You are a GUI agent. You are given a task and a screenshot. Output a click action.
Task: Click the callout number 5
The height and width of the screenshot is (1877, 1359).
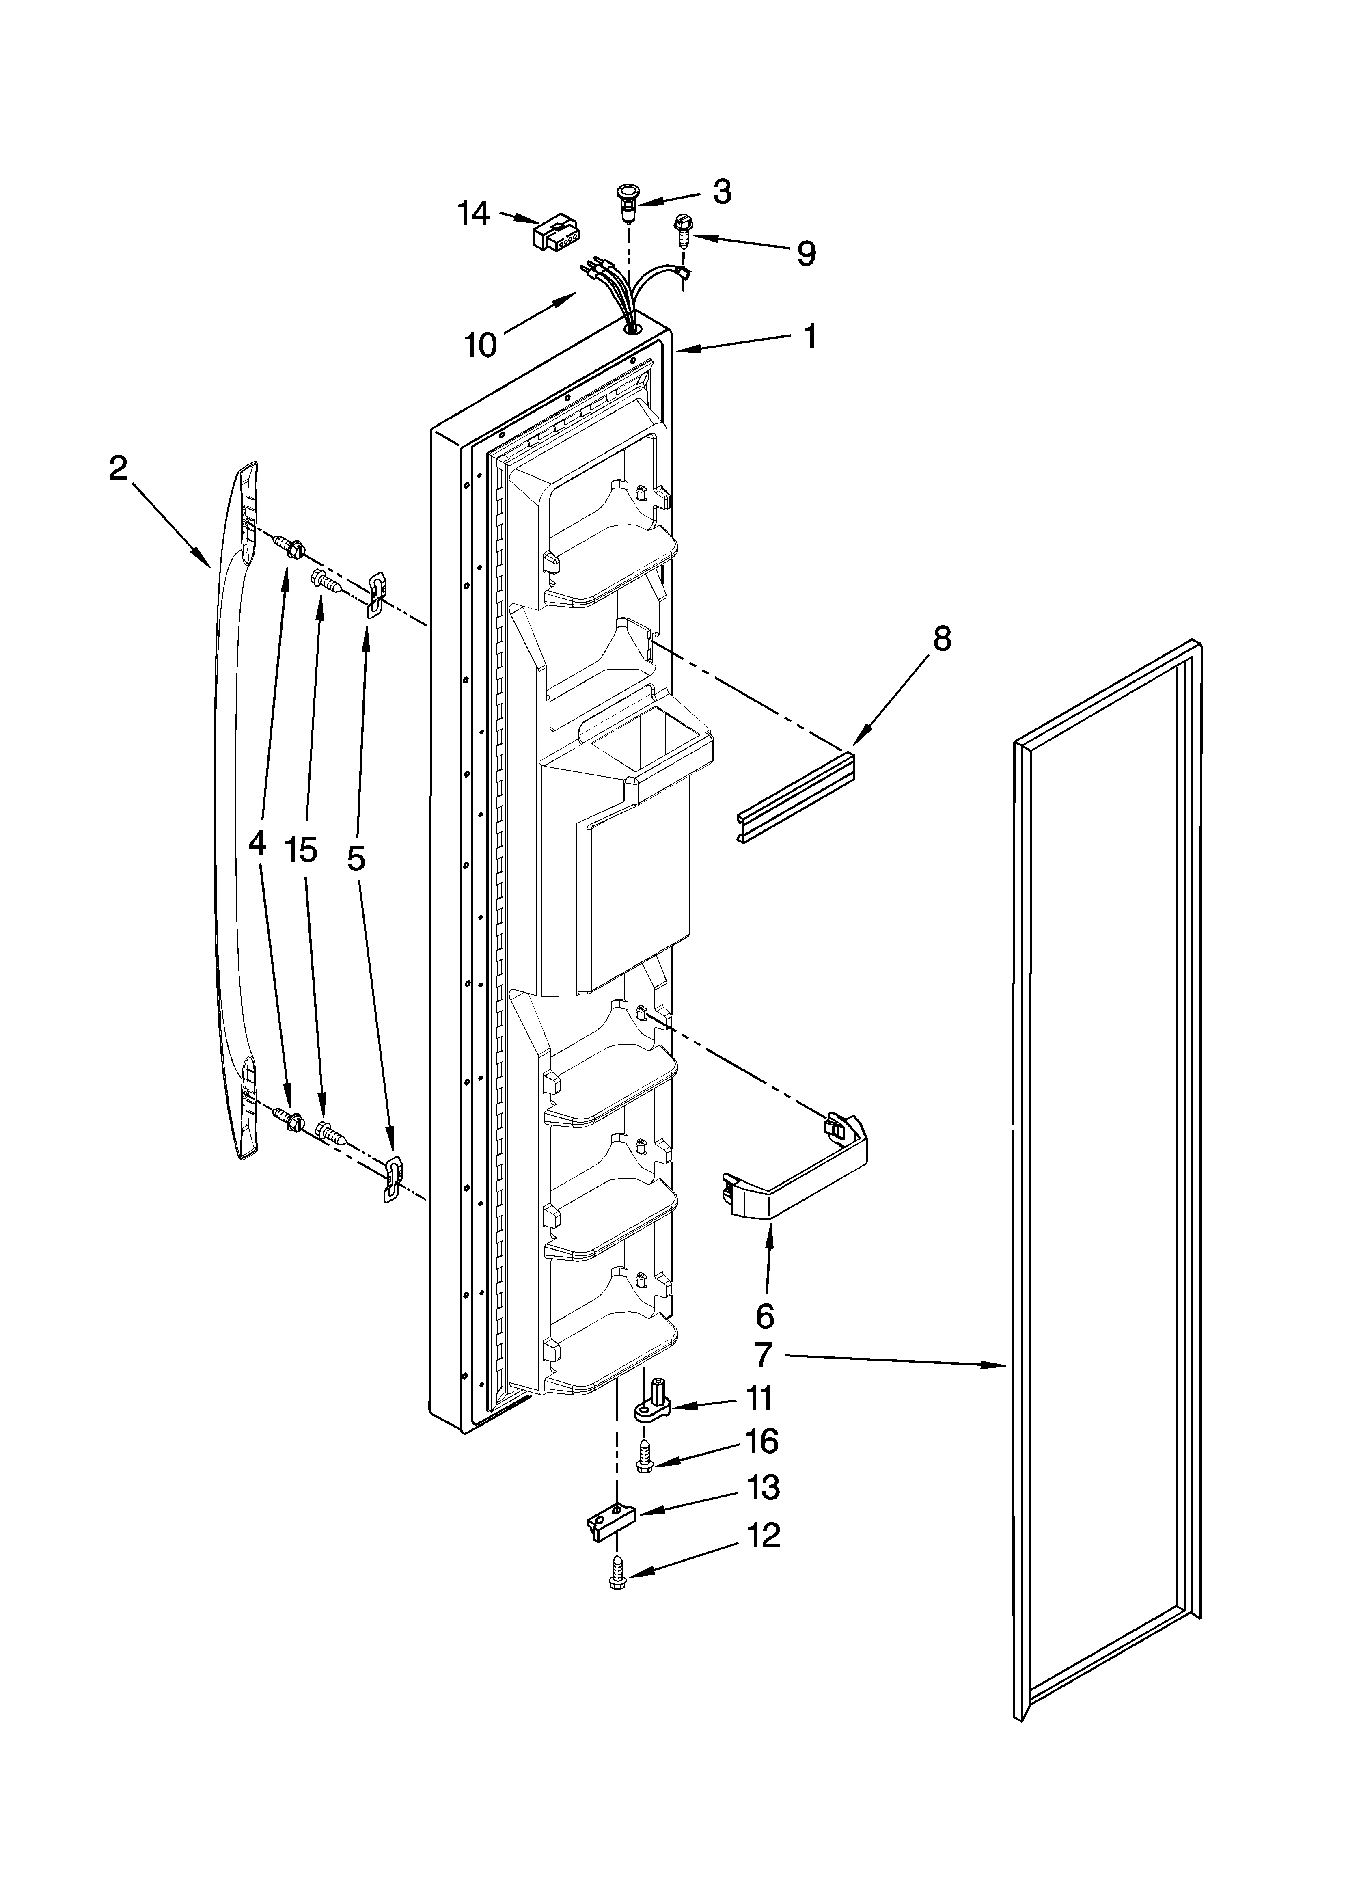(356, 859)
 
